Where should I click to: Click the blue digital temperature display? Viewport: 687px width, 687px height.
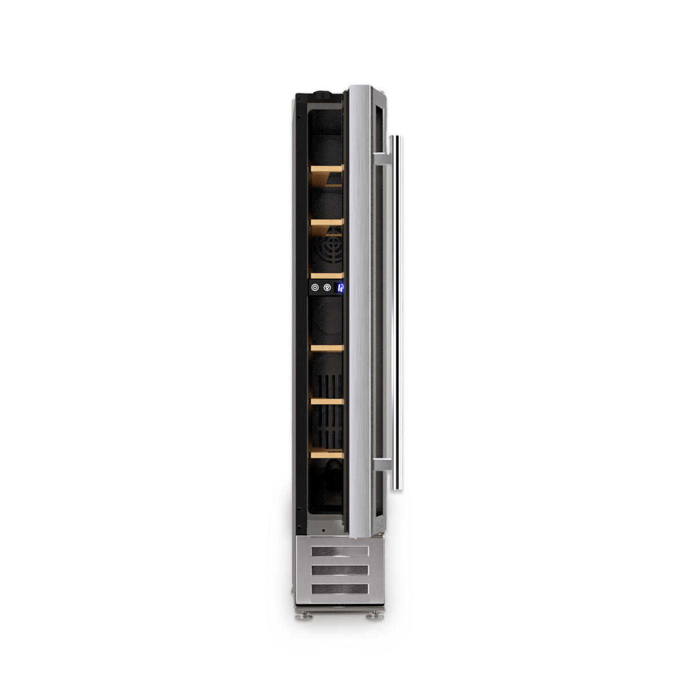tap(339, 288)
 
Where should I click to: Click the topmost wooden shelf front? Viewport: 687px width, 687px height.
tap(326, 168)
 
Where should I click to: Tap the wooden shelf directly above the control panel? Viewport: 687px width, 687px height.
tap(327, 275)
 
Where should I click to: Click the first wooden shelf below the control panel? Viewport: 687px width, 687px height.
tap(327, 348)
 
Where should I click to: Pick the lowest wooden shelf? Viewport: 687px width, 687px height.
tap(327, 455)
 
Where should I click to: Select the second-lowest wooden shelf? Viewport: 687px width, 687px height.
tap(327, 401)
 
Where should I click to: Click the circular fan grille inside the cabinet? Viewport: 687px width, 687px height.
tap(329, 249)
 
